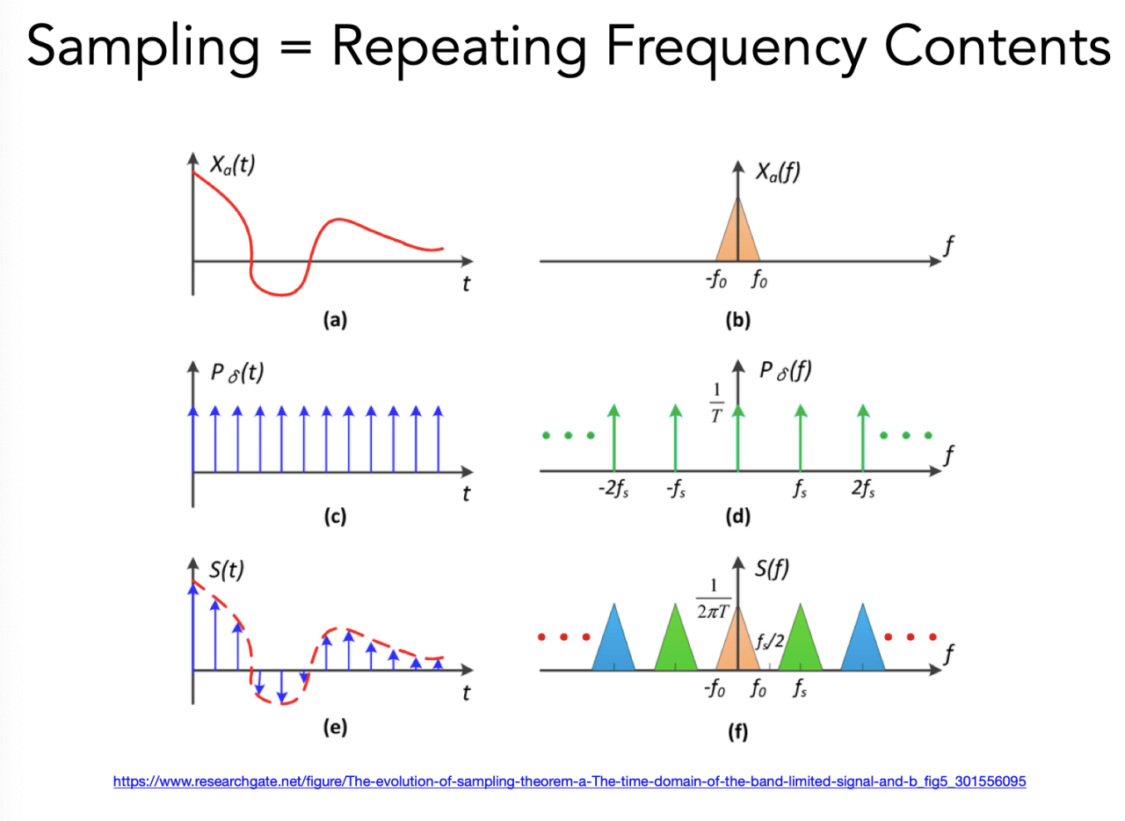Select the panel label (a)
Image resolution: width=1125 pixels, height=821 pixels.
[x=334, y=321]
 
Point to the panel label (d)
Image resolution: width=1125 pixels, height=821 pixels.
[x=737, y=517]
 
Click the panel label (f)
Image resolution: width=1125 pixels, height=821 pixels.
[x=737, y=730]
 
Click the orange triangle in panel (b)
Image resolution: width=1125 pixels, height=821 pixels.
[x=737, y=237]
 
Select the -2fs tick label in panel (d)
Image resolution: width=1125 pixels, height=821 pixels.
[x=613, y=490]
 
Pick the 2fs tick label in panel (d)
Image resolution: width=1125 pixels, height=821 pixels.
[x=864, y=490]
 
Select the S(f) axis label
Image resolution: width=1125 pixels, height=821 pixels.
[x=772, y=569]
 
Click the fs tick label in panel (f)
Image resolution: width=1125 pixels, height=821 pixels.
[x=800, y=690]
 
